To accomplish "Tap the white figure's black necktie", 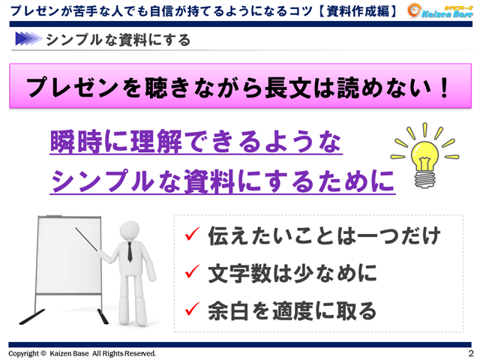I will (129, 251).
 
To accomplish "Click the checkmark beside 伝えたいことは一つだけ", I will (191, 237).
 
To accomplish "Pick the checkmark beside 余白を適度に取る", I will (191, 308).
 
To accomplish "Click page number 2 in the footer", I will (470, 352).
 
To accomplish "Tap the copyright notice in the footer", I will (82, 352).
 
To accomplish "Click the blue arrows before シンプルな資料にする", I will (27, 39).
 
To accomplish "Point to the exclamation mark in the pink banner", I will (445, 87).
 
